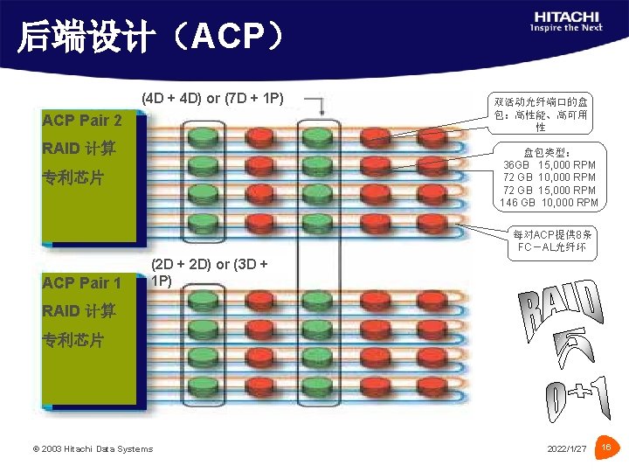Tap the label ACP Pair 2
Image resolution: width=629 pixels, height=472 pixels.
82,120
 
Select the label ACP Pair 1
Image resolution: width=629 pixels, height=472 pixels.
82,282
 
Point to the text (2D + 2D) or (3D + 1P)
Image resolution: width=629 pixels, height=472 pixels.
209,273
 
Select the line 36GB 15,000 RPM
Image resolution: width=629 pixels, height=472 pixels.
550,164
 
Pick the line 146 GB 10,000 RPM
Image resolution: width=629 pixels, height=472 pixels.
550,204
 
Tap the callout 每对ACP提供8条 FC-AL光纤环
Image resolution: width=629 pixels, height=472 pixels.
553,241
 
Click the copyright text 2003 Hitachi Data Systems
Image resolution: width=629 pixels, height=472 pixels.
93,448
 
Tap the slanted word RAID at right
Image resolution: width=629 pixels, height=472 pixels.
562,313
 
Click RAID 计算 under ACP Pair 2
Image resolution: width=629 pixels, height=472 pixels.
79,149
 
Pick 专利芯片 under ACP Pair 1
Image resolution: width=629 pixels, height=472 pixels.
73,340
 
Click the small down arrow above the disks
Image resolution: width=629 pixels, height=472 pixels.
321,108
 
